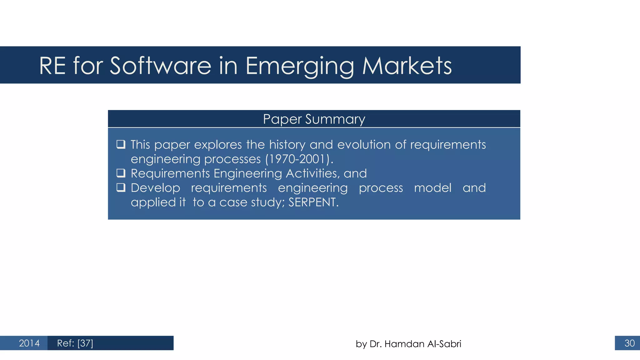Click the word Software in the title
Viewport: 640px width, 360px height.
161,66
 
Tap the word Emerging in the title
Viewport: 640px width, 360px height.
299,67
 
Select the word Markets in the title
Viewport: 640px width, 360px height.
407,66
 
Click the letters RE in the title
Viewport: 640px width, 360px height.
52,66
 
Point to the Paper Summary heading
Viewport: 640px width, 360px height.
314,119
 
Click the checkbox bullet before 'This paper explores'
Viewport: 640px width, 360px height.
121,144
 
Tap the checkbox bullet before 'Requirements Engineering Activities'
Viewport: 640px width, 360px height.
121,173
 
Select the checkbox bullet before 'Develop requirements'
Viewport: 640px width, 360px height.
121,187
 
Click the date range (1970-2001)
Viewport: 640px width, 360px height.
299,159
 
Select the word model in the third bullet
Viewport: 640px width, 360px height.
432,188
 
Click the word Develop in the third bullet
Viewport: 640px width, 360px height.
155,188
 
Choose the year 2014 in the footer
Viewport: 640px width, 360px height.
29,343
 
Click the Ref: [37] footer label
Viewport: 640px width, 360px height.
75,343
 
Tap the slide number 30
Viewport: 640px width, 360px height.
629,343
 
